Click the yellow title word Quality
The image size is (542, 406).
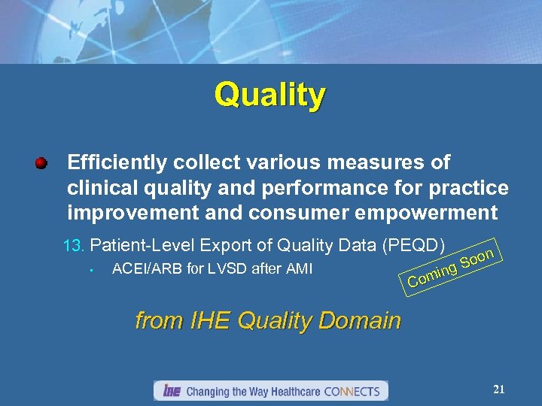pyautogui.click(x=269, y=95)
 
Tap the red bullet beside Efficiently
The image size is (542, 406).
pyautogui.click(x=42, y=162)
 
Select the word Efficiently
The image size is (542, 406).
pyautogui.click(x=117, y=162)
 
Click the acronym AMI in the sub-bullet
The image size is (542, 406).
pyautogui.click(x=297, y=268)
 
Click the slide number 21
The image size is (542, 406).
pyautogui.click(x=498, y=389)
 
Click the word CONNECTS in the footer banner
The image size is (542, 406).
pyautogui.click(x=353, y=391)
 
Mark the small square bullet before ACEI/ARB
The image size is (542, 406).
pyautogui.click(x=89, y=270)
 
